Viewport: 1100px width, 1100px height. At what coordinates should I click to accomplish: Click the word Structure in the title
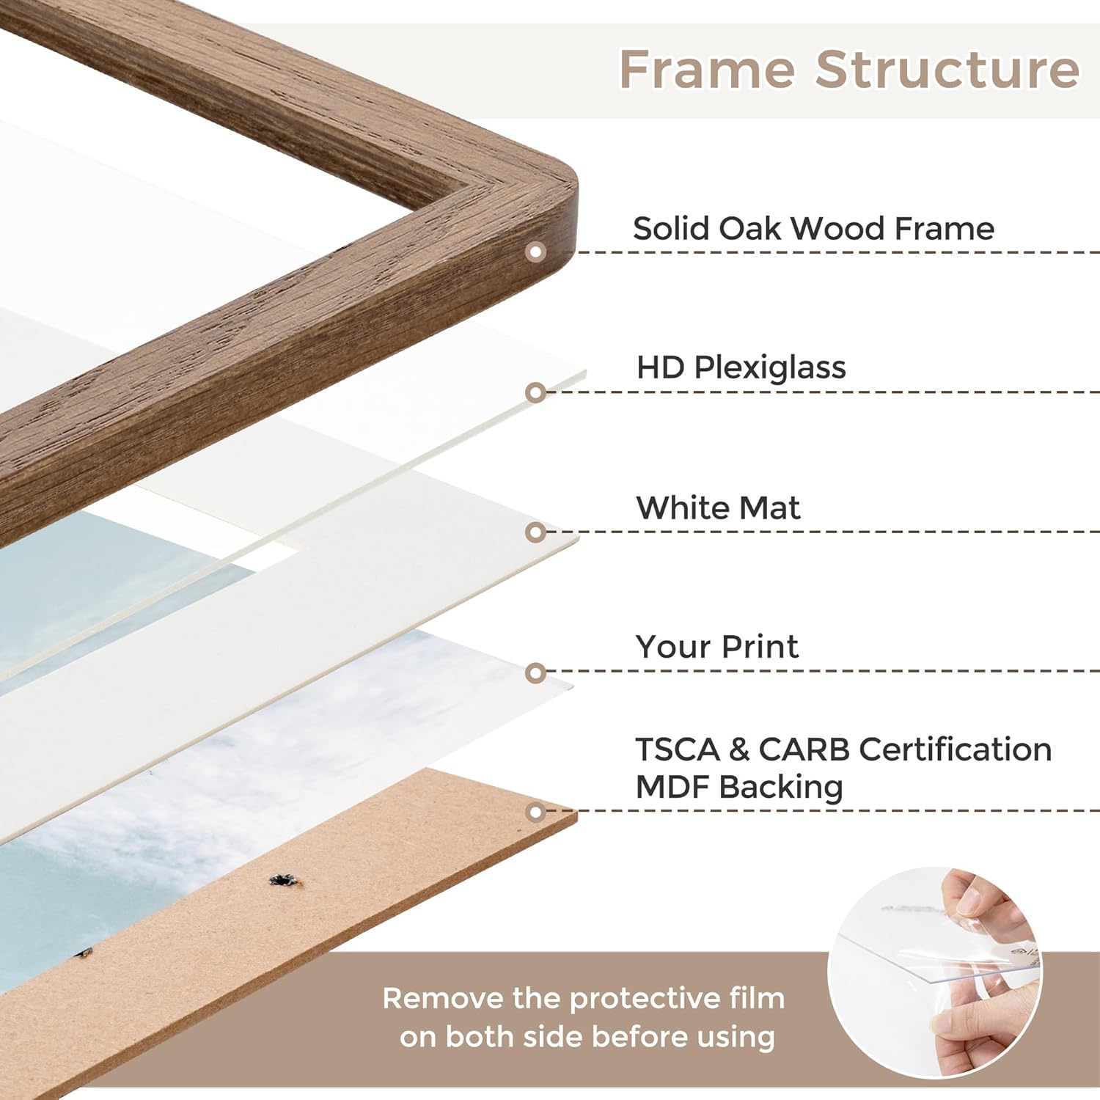click(x=947, y=69)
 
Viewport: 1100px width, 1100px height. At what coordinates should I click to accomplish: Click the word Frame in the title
click(x=707, y=69)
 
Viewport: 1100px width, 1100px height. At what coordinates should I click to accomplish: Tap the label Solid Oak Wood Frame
click(x=813, y=229)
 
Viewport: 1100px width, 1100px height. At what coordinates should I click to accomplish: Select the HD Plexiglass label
click(x=741, y=367)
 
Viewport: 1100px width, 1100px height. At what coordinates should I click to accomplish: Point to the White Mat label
click(x=718, y=507)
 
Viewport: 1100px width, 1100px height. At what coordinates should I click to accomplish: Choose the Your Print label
click(x=716, y=647)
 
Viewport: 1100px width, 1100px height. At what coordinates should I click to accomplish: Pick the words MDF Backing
click(x=739, y=787)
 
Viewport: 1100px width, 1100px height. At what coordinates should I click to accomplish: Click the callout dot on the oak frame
click(x=536, y=252)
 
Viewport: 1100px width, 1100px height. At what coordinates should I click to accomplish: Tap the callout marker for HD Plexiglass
click(x=536, y=392)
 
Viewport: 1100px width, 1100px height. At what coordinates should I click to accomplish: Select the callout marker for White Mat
click(x=536, y=532)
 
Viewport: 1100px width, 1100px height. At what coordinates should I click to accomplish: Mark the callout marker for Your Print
click(x=536, y=672)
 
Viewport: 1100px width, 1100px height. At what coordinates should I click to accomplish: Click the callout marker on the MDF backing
click(x=536, y=812)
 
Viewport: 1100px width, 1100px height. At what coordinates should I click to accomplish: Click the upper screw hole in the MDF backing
click(x=281, y=880)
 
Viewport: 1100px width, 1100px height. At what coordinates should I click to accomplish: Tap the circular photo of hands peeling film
click(x=935, y=972)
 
